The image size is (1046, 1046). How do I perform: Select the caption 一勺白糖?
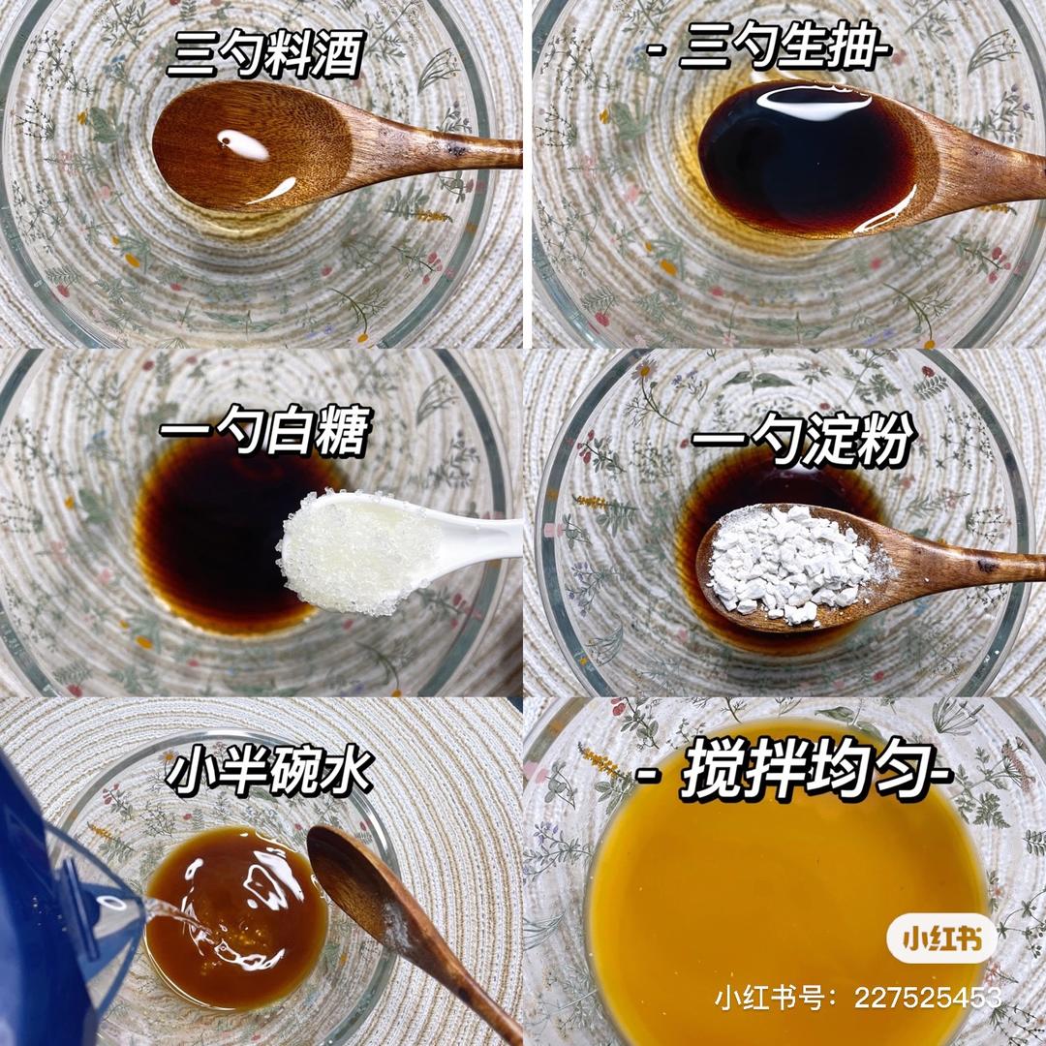pyautogui.click(x=264, y=430)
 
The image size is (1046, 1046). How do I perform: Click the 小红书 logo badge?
pyautogui.click(x=942, y=939)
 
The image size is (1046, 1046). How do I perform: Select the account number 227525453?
pyautogui.click(x=928, y=998)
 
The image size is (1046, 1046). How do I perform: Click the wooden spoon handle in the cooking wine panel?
pyautogui.click(x=434, y=151)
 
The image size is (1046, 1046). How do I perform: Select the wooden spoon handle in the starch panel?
pyautogui.click(x=961, y=567)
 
